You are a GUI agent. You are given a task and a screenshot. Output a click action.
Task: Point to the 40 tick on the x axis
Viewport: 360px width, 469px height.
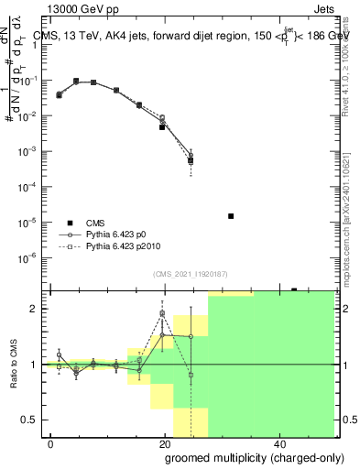click(280, 443)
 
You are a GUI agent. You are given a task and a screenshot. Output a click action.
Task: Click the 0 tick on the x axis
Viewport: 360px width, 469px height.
click(50, 443)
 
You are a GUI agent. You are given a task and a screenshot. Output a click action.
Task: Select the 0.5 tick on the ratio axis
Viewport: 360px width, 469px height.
click(37, 420)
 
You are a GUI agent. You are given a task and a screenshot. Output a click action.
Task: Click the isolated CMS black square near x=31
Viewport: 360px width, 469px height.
click(230, 216)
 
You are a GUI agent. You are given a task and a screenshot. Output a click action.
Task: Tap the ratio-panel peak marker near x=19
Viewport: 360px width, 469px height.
click(162, 313)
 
